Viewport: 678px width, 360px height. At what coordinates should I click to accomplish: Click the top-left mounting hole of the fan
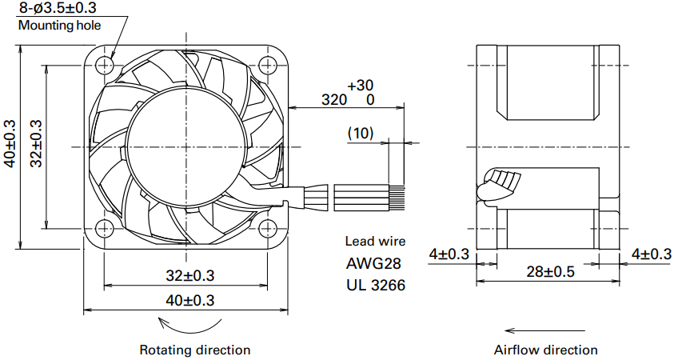coord(104,66)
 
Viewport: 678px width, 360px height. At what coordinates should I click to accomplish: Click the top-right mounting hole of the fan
coord(268,66)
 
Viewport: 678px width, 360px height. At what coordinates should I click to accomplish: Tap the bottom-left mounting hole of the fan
coord(104,228)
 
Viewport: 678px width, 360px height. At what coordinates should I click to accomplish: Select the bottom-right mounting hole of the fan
coord(268,228)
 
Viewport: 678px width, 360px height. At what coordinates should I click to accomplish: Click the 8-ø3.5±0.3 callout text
coord(58,7)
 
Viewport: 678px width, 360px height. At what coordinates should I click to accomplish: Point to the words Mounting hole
coord(59,25)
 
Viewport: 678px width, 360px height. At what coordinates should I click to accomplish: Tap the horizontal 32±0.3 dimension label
coord(189,275)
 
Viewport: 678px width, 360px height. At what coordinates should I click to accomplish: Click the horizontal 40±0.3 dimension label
coord(189,300)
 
